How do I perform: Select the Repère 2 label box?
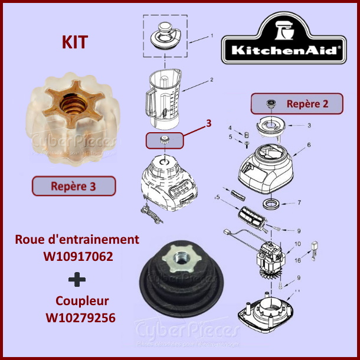[297, 103]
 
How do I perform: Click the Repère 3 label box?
[73, 186]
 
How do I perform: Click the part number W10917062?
[77, 257]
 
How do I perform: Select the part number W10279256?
[80, 318]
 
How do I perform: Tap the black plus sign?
[77, 279]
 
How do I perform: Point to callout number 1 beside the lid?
[211, 35]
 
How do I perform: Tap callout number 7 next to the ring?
[299, 202]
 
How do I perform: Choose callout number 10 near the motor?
[297, 244]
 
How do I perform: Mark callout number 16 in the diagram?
[297, 260]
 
